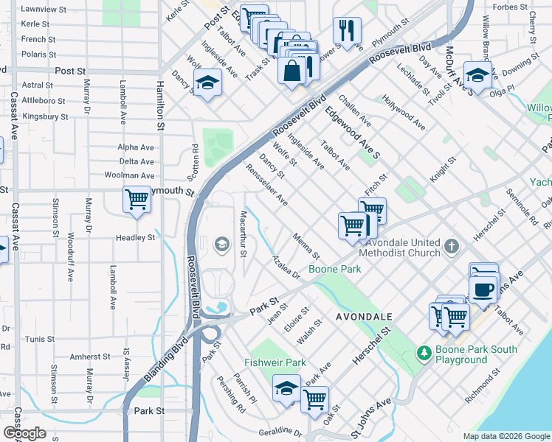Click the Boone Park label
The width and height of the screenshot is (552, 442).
334,270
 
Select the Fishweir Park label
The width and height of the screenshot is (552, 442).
275,363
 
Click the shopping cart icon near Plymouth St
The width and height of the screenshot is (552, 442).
137,200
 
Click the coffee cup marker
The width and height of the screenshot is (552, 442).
483,290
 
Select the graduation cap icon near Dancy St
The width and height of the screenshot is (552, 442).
208,84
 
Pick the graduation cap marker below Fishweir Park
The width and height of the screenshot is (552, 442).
286,390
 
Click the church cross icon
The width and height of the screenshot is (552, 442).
452,245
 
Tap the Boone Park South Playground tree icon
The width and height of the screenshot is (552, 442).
424,354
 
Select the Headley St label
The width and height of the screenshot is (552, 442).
135,238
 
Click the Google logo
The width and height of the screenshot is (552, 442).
24,433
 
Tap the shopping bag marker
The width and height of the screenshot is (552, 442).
292,71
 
